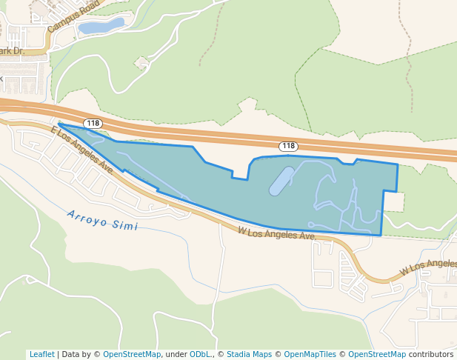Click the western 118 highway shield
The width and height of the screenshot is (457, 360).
click(x=93, y=124)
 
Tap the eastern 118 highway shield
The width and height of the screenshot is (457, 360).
click(x=288, y=146)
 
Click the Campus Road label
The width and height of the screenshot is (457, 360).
click(x=73, y=16)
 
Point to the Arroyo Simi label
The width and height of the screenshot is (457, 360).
click(x=102, y=219)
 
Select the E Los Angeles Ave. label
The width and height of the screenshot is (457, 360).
click(x=81, y=150)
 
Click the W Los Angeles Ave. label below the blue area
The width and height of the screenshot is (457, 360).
click(x=277, y=233)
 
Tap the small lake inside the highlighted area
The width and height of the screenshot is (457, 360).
click(x=281, y=181)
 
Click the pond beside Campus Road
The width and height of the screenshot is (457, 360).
click(x=101, y=27)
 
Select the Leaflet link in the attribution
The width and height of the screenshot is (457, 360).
click(x=41, y=355)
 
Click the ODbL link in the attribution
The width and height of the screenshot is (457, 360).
click(x=201, y=355)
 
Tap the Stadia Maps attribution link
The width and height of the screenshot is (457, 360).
click(x=249, y=355)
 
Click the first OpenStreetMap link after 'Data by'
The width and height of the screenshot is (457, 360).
click(x=132, y=355)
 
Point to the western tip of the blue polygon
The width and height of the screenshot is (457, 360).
click(x=59, y=124)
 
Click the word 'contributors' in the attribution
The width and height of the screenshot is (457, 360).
click(x=431, y=355)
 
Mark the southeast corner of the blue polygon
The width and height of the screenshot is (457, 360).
click(x=381, y=236)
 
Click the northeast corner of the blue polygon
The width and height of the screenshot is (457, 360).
click(x=398, y=164)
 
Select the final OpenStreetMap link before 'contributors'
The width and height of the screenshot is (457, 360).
click(x=377, y=355)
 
